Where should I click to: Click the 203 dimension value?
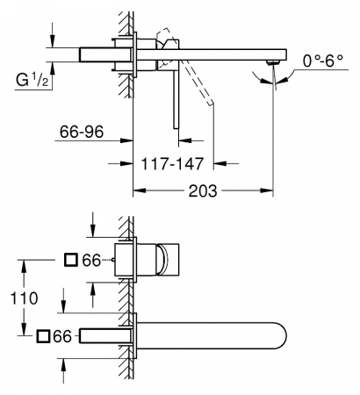tap(203, 190)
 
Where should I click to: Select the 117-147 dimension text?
tap(172, 163)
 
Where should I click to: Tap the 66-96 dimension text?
tap(82, 132)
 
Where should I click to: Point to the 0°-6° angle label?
tap(323, 61)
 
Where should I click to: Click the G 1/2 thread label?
tap(32, 80)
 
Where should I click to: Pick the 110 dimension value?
tap(25, 298)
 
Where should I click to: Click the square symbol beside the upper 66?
tap(71, 260)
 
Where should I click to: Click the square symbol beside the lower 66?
tap(43, 336)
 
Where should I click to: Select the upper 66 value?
tap(91, 260)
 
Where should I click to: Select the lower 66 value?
tap(62, 336)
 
